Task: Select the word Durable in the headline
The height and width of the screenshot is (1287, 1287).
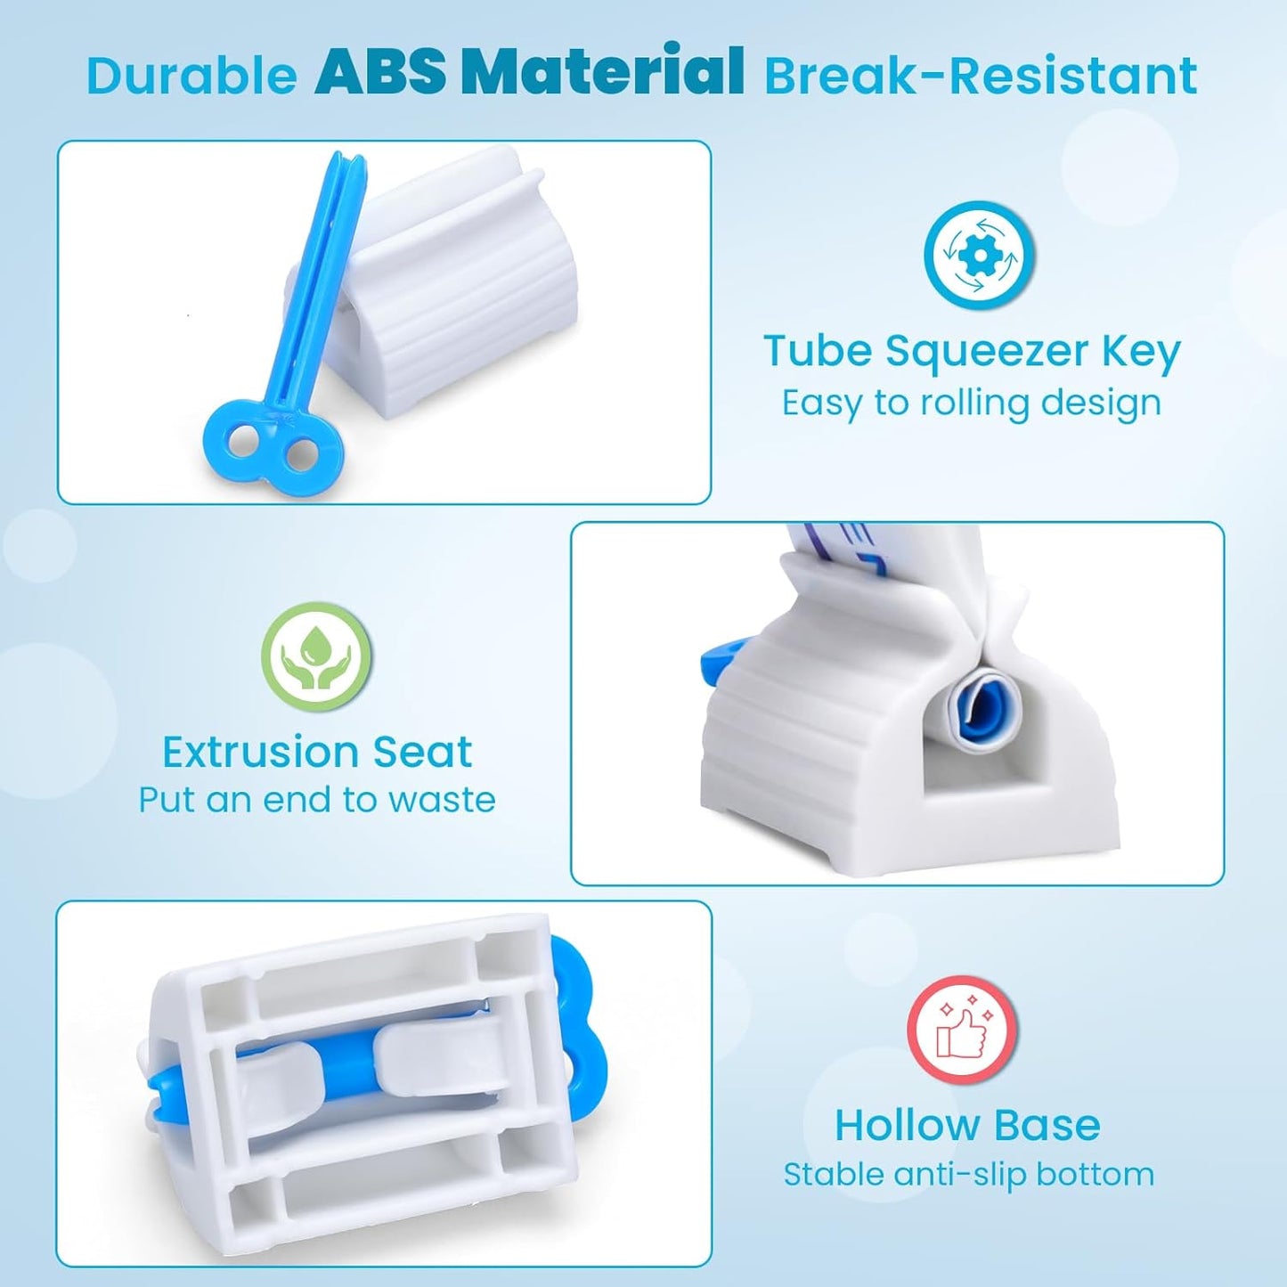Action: (191, 75)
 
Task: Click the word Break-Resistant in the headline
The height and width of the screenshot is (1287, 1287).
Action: (981, 75)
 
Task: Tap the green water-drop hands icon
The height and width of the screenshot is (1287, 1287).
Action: (316, 656)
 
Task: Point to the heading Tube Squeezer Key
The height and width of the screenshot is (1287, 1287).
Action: (972, 350)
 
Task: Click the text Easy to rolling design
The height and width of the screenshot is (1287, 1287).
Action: (972, 403)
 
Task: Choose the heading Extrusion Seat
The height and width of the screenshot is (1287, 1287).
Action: (316, 752)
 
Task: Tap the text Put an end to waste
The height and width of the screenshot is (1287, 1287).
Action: (316, 800)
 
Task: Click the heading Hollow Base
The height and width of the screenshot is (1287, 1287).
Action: (967, 1125)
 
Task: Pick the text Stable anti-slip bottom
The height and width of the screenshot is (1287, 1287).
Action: (968, 1174)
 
